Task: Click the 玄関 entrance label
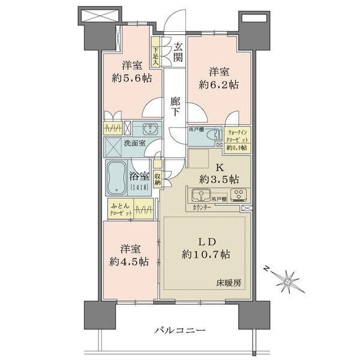(x=178, y=52)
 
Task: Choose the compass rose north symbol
(x=288, y=281)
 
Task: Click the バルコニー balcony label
(x=179, y=331)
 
